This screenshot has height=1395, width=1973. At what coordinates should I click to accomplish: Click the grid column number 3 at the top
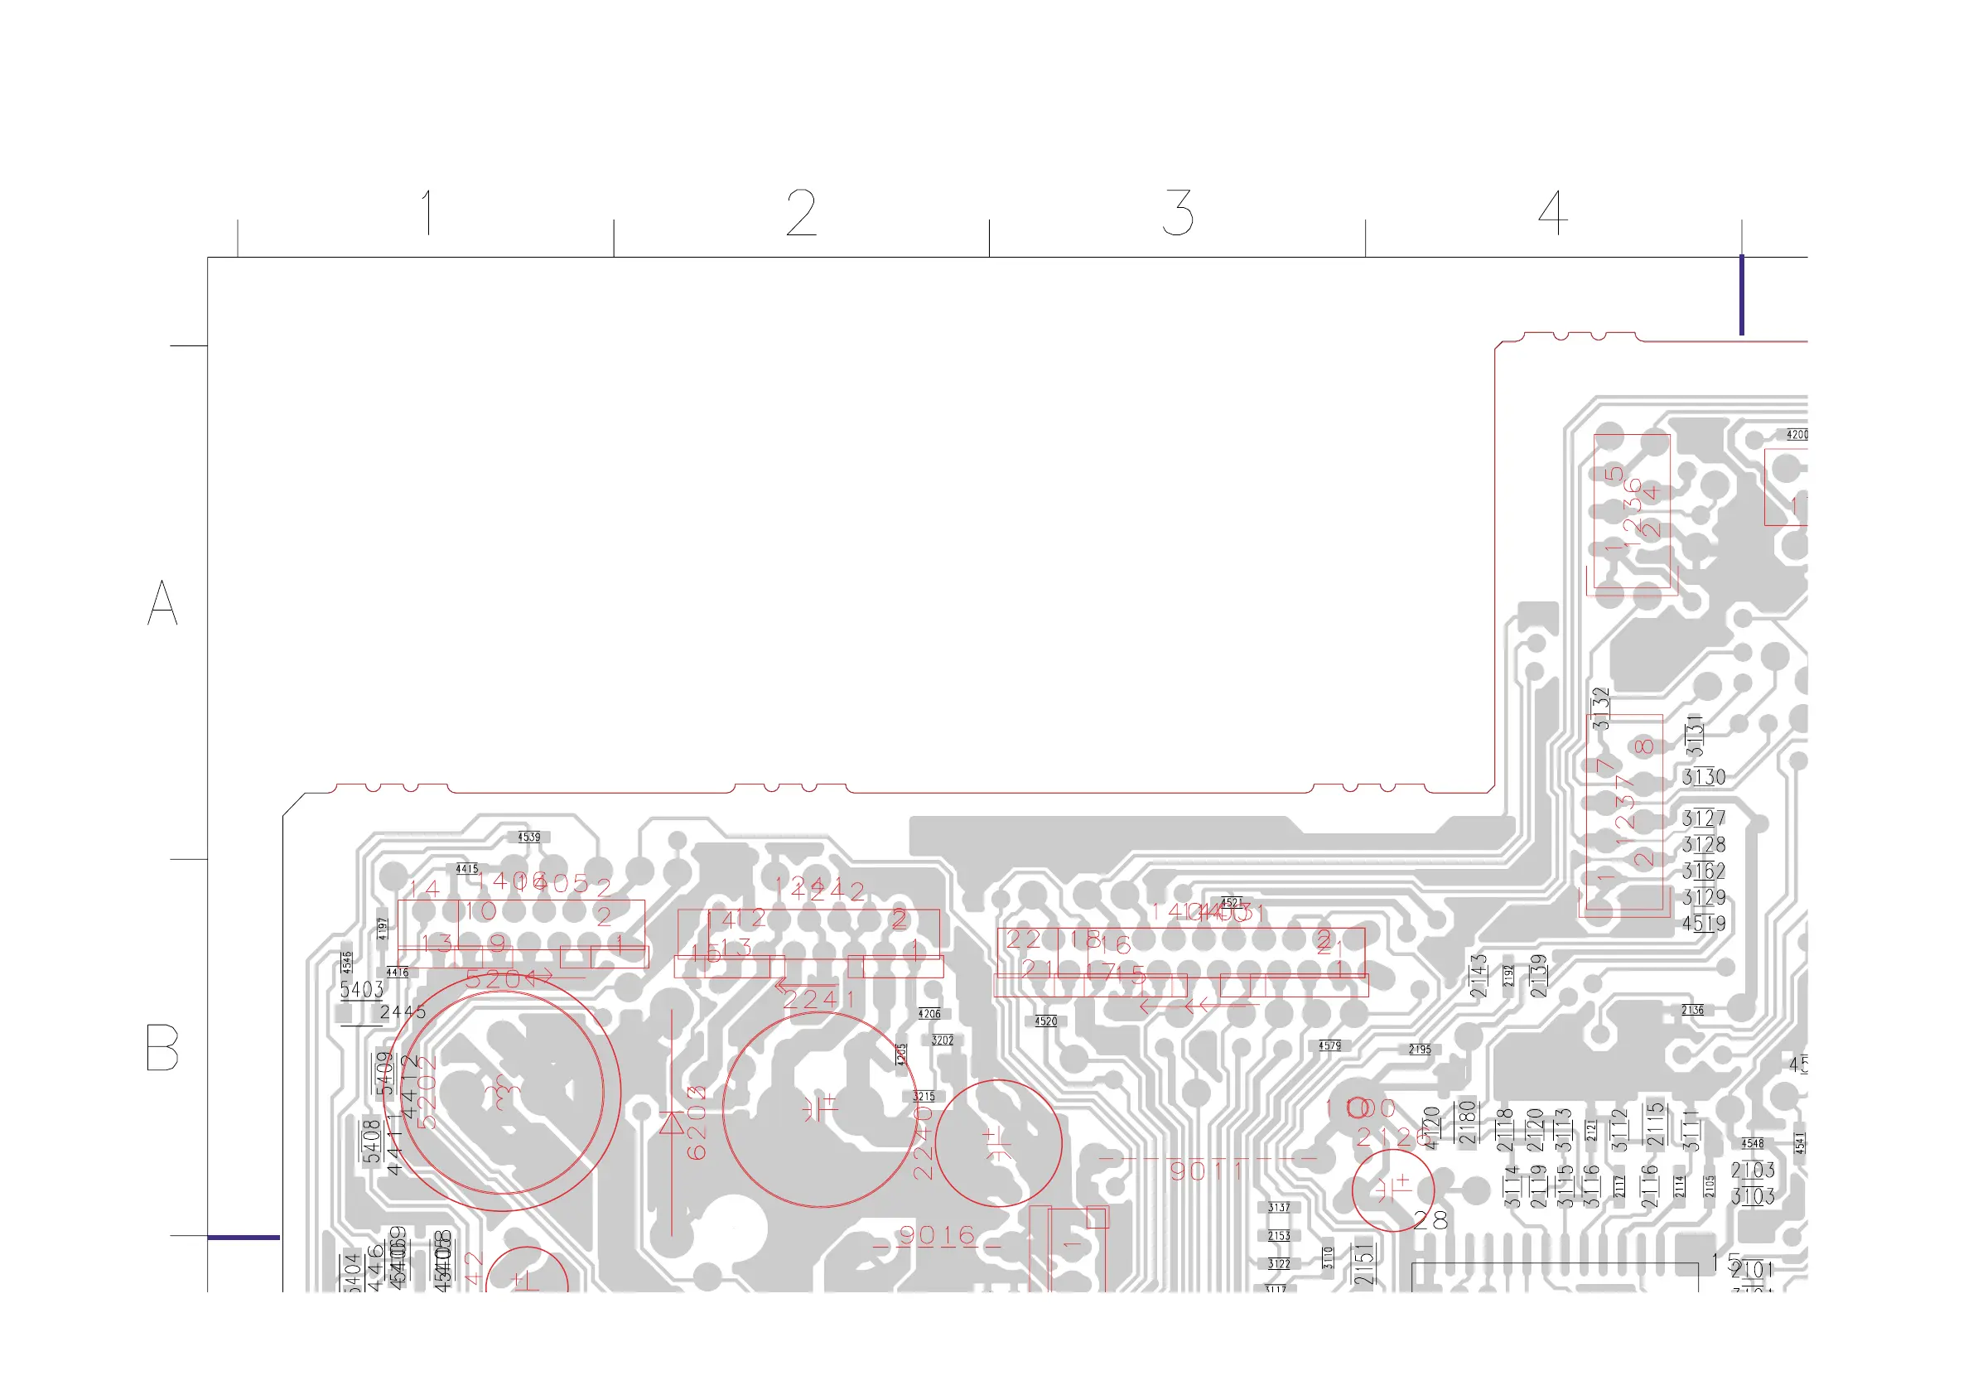(1177, 213)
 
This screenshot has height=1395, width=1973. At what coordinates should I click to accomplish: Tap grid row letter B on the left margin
(162, 1047)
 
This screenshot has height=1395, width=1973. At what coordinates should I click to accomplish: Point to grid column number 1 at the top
(427, 213)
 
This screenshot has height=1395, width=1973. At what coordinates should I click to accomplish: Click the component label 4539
(529, 837)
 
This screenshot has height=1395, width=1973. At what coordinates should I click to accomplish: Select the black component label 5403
(361, 990)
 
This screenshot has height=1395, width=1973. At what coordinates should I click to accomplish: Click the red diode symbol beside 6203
(671, 1122)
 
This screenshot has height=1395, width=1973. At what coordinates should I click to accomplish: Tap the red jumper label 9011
(1207, 1170)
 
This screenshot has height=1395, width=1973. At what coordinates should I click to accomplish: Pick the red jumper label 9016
(938, 1236)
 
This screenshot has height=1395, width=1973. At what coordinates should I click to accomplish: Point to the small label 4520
(1046, 1021)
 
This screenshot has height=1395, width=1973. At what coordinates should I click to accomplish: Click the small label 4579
(1329, 1046)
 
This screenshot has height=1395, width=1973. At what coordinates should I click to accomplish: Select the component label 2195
(1420, 1050)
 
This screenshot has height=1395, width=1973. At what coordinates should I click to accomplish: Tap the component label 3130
(1703, 778)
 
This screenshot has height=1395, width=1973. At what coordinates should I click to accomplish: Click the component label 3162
(1703, 871)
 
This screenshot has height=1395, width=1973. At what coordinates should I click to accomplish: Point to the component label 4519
(1703, 924)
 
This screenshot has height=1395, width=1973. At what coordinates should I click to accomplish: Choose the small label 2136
(1692, 1010)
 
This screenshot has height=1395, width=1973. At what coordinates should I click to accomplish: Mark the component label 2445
(403, 1011)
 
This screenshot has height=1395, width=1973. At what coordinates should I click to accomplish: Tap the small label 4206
(929, 1014)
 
